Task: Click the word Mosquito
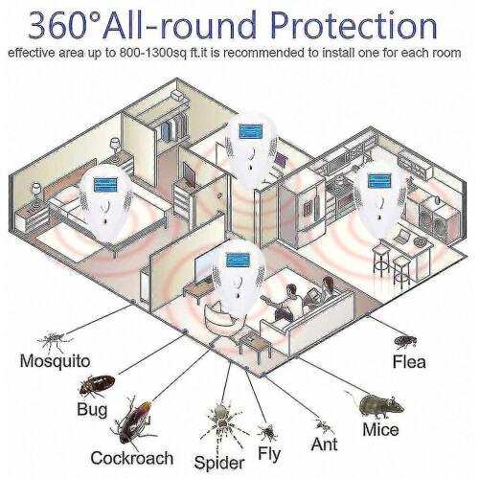tap(55, 361)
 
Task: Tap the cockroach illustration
tap(133, 422)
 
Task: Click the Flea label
tap(409, 362)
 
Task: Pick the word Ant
tap(324, 445)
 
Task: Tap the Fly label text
tap(269, 454)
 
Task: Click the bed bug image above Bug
tap(97, 384)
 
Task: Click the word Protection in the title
tap(354, 26)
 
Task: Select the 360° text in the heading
tap(65, 26)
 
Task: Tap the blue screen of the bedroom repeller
tap(105, 185)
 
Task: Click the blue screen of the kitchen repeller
tap(379, 181)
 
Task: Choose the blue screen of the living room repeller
tap(238, 260)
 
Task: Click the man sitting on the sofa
tap(289, 302)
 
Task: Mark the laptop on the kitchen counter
tap(401, 236)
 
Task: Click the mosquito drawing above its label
tap(55, 341)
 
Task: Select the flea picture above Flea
tap(405, 341)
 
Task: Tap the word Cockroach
tap(132, 458)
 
